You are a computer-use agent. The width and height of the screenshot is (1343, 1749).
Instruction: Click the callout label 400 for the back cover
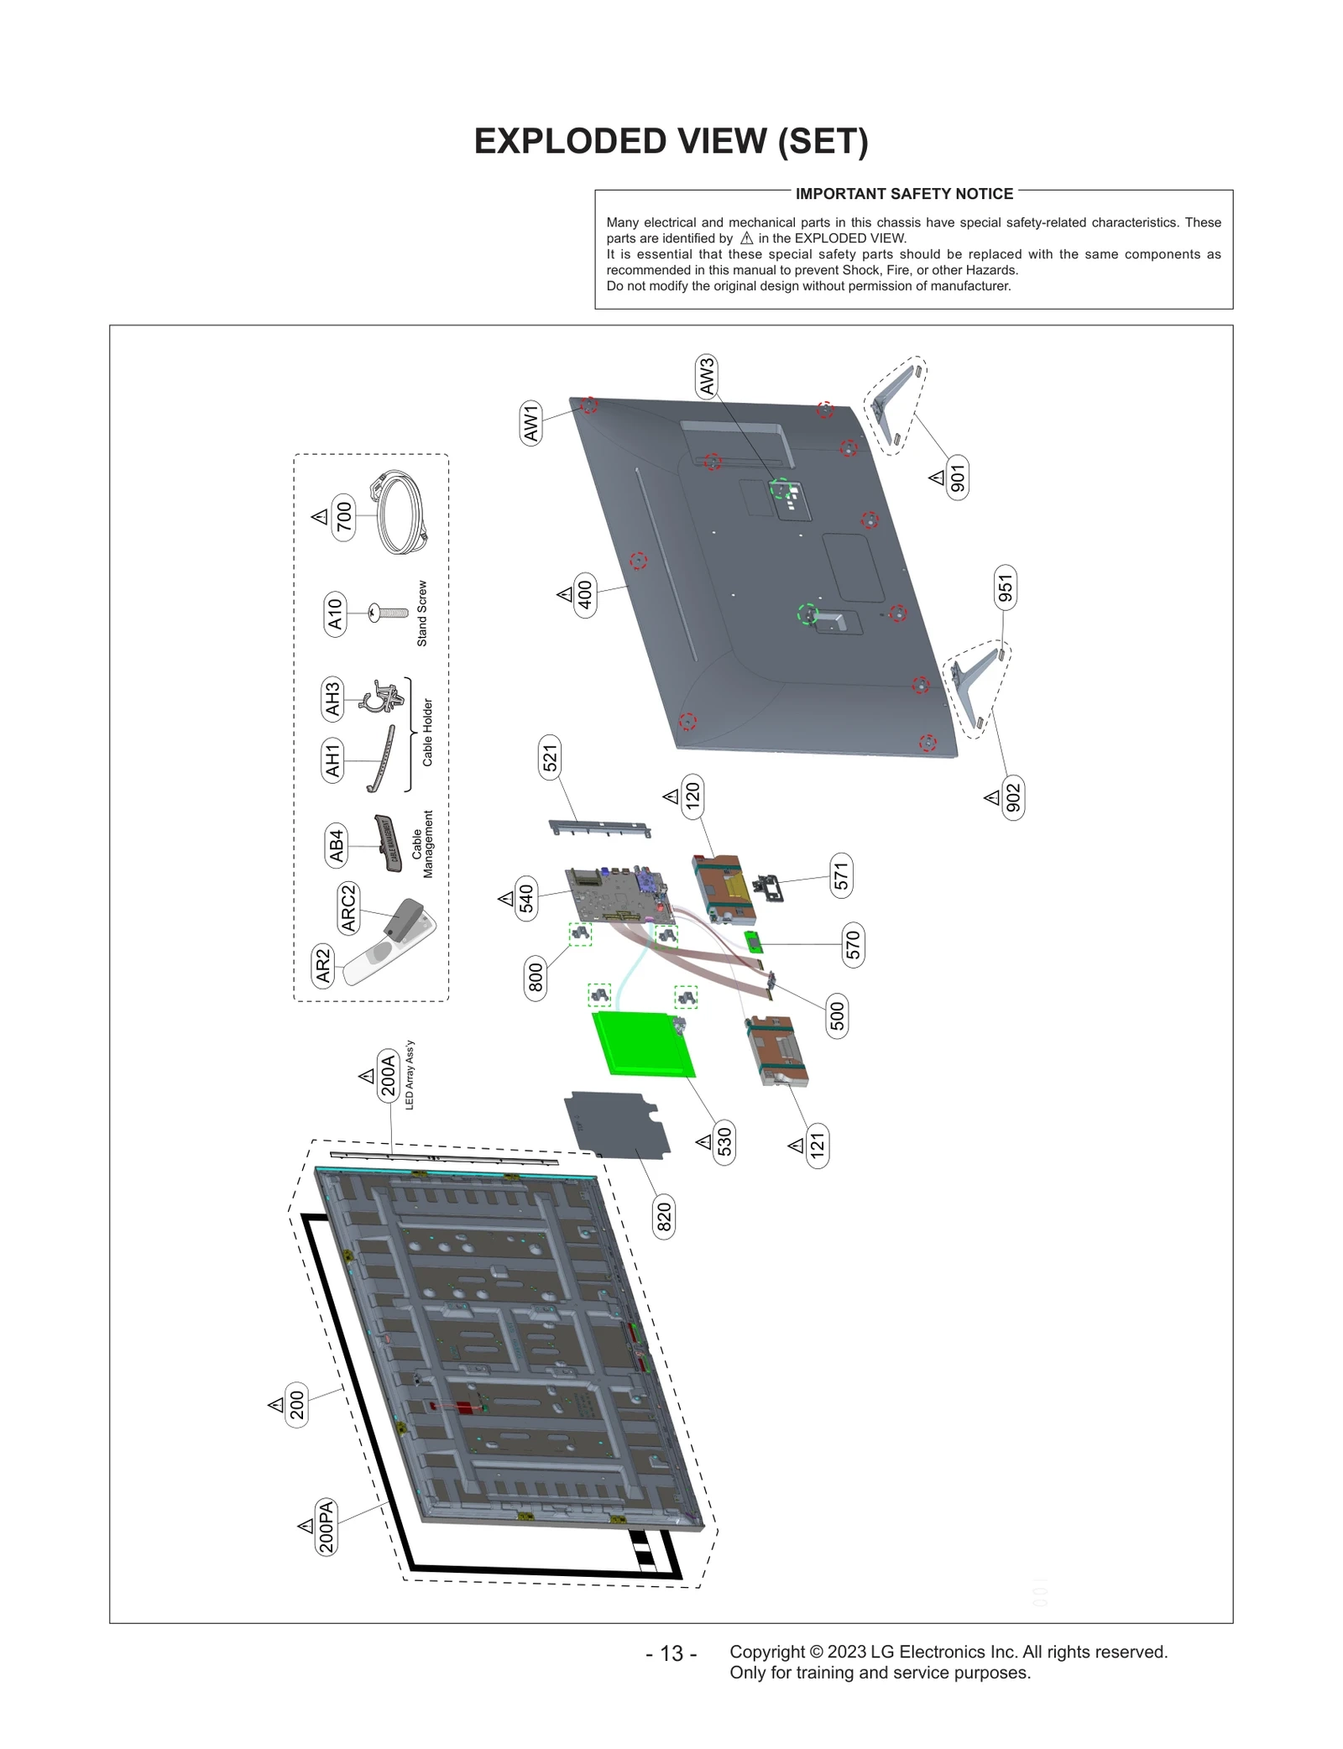click(x=585, y=595)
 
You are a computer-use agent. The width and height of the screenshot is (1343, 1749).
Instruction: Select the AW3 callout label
click(x=707, y=376)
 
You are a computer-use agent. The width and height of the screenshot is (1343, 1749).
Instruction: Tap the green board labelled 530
click(x=642, y=1044)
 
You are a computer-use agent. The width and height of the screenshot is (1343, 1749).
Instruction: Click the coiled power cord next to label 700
click(x=398, y=512)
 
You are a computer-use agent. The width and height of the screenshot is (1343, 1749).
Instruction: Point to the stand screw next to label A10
click(x=389, y=613)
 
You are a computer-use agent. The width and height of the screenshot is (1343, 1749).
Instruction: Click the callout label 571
click(x=841, y=876)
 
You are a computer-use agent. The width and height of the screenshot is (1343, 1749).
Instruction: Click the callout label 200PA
click(x=326, y=1527)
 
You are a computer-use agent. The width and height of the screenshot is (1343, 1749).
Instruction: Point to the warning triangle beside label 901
click(x=937, y=478)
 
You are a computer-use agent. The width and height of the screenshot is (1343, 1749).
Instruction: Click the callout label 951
click(x=1005, y=587)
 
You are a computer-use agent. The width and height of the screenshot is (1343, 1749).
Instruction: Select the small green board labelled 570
click(x=754, y=942)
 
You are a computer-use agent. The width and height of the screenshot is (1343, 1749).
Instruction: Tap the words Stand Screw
click(x=422, y=613)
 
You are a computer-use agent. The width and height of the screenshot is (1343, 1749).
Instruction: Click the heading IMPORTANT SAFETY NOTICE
click(x=904, y=194)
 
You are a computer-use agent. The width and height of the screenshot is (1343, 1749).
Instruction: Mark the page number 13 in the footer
click(x=671, y=1652)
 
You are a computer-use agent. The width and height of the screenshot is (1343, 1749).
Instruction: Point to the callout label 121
click(x=818, y=1145)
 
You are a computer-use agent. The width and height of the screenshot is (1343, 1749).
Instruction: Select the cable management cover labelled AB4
click(x=386, y=841)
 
